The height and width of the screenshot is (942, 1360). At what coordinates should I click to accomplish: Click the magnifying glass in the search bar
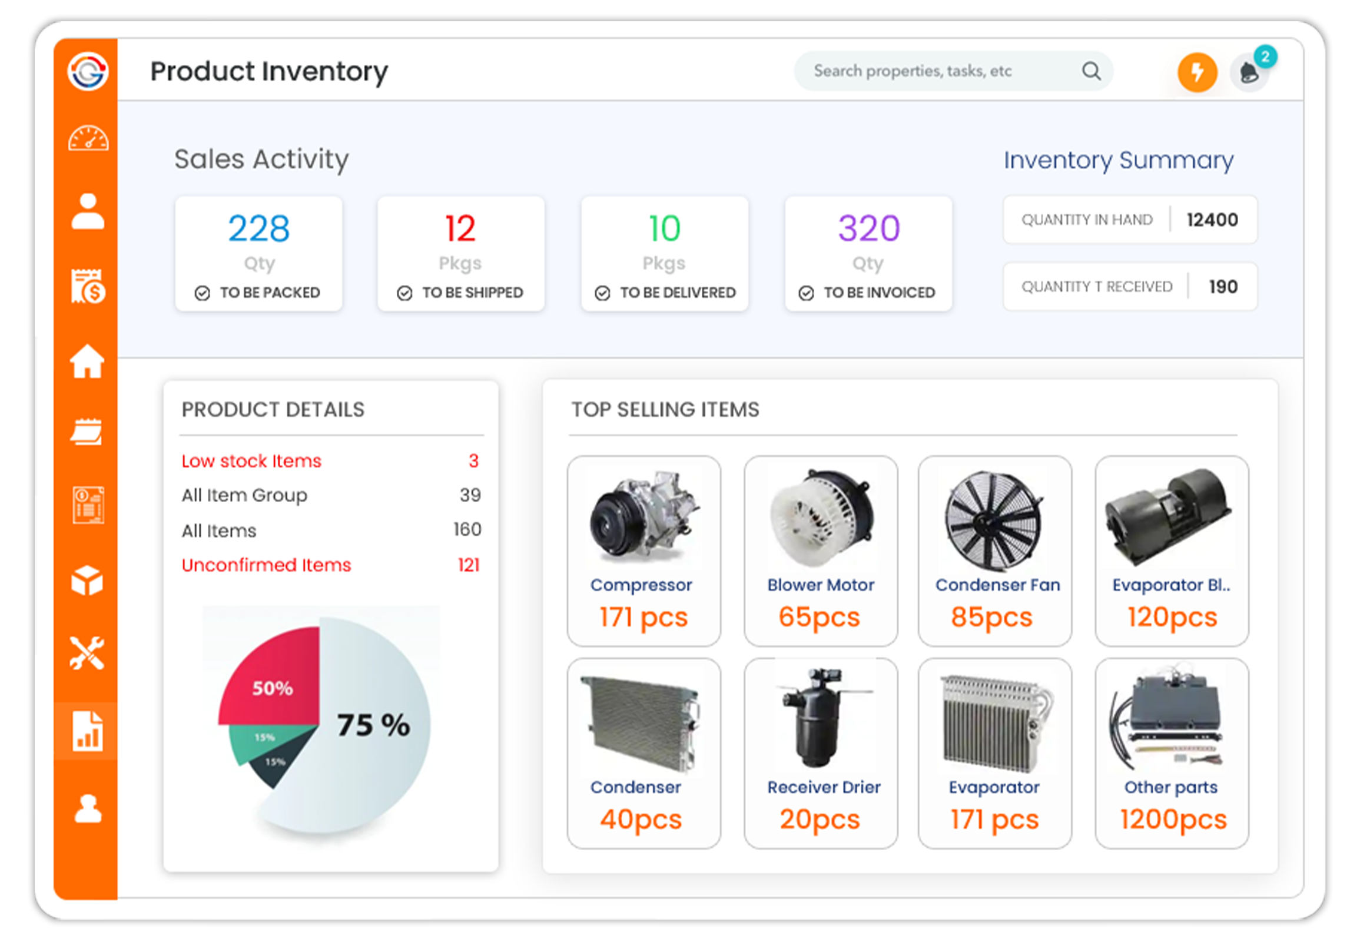(x=1092, y=71)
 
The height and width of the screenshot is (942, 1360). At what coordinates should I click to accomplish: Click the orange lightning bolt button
(x=1197, y=72)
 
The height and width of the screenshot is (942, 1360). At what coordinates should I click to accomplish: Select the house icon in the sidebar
(x=87, y=361)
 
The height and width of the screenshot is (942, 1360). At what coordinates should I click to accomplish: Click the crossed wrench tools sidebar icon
(x=87, y=653)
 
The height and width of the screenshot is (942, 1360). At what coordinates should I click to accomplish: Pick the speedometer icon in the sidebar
(x=88, y=138)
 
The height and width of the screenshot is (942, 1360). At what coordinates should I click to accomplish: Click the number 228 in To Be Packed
(x=259, y=228)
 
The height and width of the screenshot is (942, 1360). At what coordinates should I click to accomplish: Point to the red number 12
(x=460, y=228)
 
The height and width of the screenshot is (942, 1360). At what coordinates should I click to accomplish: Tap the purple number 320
(x=869, y=228)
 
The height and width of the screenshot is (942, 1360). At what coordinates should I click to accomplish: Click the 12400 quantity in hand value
(x=1212, y=220)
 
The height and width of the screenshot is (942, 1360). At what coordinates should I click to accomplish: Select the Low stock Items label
(x=251, y=461)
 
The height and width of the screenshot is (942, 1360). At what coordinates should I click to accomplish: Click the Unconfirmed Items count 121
(x=469, y=565)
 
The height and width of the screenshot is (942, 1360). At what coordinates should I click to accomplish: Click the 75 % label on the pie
(x=374, y=725)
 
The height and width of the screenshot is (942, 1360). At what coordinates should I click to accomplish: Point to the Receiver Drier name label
(x=824, y=787)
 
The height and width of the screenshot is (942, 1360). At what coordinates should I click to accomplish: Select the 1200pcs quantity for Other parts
(x=1173, y=820)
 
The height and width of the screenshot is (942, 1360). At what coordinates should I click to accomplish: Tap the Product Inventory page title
(x=269, y=72)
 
